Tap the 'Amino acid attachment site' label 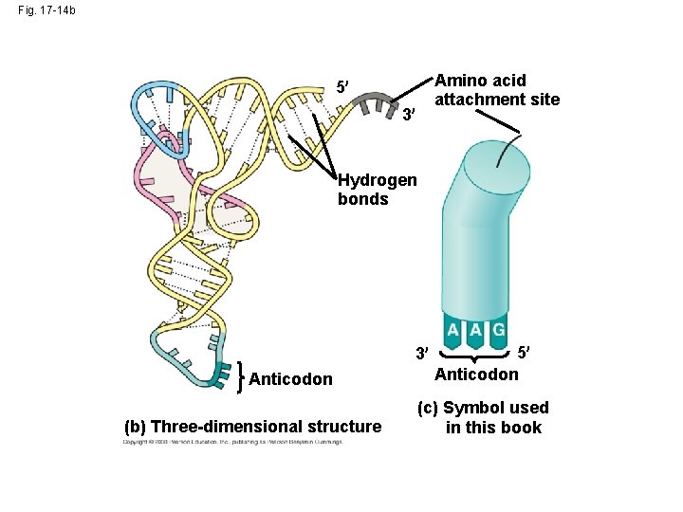coord(496,90)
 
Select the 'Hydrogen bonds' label coord(376,190)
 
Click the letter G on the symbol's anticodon coord(499,330)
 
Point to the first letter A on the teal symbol coord(453,330)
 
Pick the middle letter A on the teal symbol coord(476,330)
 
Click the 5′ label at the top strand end coord(342,89)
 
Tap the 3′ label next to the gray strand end coord(409,116)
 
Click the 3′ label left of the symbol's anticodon coord(422,355)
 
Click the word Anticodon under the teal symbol coord(476,374)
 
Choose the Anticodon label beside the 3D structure coord(290,379)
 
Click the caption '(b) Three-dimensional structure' coord(252,427)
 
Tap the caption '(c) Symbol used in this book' coord(482,417)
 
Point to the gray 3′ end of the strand coord(382,101)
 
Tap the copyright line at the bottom coord(231,442)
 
